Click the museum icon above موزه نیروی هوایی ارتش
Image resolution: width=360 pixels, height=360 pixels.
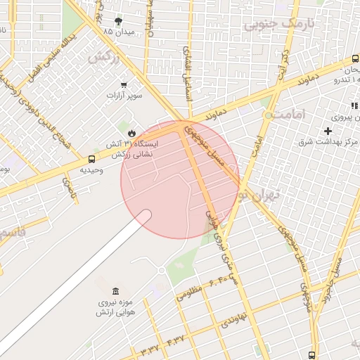115,291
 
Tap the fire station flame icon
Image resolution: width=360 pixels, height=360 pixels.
132,131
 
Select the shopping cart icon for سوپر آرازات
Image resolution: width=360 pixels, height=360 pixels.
124,84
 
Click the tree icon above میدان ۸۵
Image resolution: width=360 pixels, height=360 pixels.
117,21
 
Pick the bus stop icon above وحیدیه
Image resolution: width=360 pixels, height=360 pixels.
92,159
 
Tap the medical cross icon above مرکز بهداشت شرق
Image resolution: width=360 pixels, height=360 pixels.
328,131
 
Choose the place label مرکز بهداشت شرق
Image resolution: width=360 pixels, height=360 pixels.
328,143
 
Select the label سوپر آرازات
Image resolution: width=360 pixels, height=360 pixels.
124,94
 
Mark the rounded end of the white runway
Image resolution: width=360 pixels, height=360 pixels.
143,216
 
